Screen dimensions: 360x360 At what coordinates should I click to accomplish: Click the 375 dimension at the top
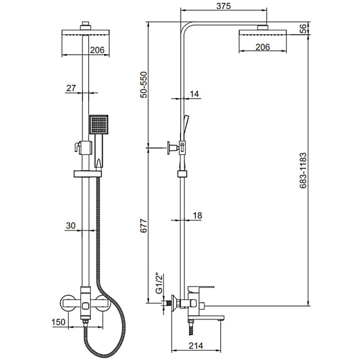tap(223, 6)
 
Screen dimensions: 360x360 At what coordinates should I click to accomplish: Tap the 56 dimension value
tap(304, 29)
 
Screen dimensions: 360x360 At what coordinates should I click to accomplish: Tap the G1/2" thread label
tap(158, 283)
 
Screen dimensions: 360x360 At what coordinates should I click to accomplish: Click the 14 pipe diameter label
tap(194, 94)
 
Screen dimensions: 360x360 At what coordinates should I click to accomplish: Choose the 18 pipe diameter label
tap(197, 216)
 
